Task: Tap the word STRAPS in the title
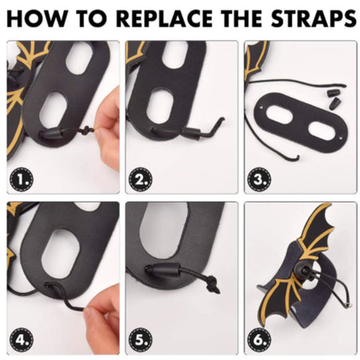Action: (313, 18)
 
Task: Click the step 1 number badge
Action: (21, 179)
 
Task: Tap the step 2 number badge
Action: (140, 179)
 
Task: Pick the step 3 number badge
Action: (259, 179)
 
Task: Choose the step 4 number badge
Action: (21, 340)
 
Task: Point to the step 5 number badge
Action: (140, 340)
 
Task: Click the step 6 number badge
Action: (259, 340)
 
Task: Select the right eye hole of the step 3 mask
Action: (322, 130)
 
